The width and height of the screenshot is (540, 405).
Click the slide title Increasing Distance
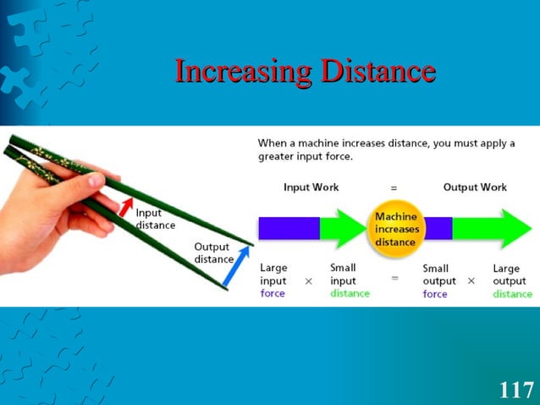tap(305, 71)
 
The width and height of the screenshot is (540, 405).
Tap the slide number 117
tap(515, 390)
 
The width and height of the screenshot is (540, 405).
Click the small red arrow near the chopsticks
tap(125, 205)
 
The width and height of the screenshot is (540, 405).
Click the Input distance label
tap(156, 219)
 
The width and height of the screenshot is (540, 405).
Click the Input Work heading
tap(311, 186)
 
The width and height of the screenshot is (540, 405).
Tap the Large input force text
tap(274, 280)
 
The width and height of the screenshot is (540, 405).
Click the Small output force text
tap(438, 280)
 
